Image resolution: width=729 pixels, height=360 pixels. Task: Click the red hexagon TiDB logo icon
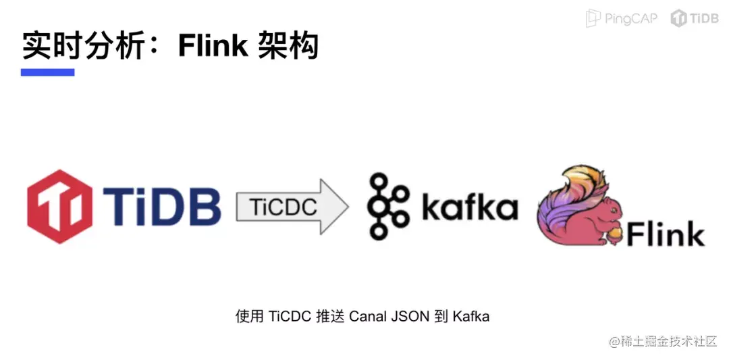(x=59, y=206)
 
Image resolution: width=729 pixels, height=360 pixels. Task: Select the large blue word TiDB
(x=162, y=206)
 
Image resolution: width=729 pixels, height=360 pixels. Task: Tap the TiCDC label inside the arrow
(x=283, y=207)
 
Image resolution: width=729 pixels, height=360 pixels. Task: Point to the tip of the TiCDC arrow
(x=349, y=207)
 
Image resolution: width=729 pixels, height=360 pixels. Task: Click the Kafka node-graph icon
(x=387, y=206)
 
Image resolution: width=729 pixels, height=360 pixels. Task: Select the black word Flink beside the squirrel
(x=666, y=233)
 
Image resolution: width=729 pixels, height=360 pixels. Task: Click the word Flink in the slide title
(x=212, y=45)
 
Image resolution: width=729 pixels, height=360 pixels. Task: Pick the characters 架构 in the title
(x=288, y=45)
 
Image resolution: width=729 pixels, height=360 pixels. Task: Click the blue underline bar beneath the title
(x=47, y=72)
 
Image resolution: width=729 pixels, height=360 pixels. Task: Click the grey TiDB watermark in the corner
(x=695, y=18)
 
